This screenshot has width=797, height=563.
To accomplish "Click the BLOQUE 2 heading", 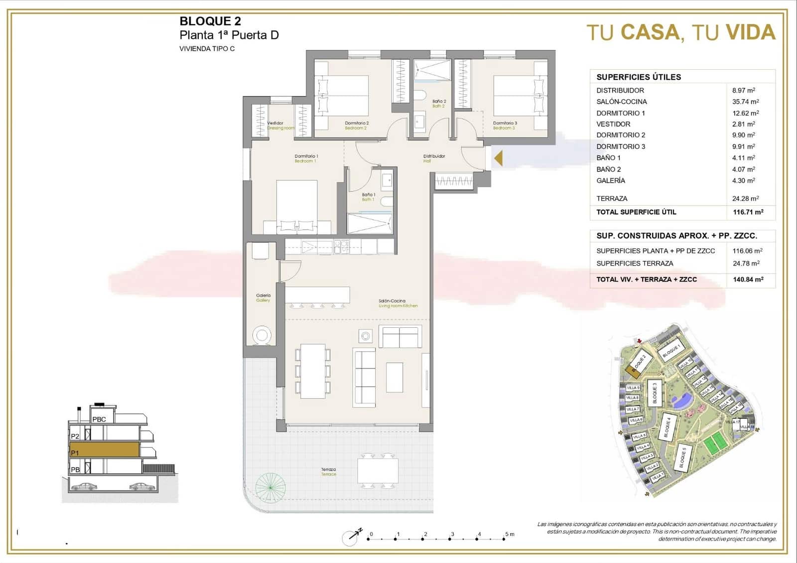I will (210, 21).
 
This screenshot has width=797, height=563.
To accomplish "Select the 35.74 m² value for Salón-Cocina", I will (745, 102).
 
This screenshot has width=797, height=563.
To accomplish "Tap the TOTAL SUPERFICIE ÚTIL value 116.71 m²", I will (748, 212).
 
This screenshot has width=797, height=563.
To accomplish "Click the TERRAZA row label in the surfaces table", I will (612, 199).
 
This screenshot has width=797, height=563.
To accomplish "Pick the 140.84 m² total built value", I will (748, 280).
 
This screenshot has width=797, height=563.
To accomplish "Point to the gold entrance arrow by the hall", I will (498, 159).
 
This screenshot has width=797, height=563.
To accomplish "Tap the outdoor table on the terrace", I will (378, 471).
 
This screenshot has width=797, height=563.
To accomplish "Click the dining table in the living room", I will (313, 371).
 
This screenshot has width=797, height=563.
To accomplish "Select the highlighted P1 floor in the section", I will (105, 450).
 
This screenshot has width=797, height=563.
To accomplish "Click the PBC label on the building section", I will (99, 420).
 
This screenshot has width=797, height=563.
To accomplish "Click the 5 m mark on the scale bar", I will (507, 535).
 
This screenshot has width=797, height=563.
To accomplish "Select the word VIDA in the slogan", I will (751, 33).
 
